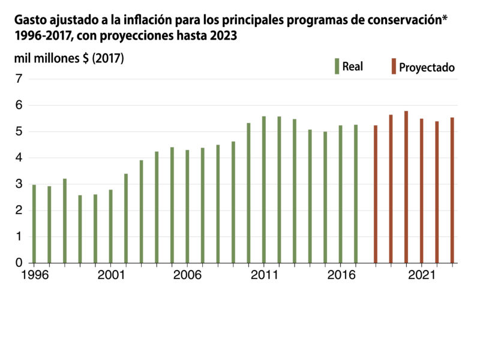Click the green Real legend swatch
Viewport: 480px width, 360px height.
(x=337, y=66)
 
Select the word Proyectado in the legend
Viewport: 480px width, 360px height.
(x=427, y=67)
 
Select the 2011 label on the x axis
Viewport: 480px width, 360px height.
(x=264, y=275)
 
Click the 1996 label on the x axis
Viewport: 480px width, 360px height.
(x=34, y=275)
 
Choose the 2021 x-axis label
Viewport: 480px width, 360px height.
(x=421, y=275)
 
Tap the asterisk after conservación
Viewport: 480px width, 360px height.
(x=445, y=19)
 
